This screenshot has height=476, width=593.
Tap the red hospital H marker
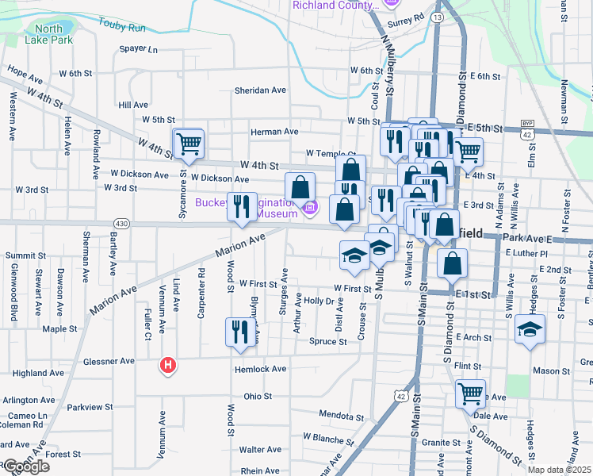168,366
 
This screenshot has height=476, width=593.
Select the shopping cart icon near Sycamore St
189,144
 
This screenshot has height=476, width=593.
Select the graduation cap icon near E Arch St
530,329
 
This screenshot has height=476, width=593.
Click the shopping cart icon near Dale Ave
471,393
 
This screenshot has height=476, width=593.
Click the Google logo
26,466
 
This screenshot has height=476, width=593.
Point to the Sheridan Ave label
259,90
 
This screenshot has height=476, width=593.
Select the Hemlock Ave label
259,369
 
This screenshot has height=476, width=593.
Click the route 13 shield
438,16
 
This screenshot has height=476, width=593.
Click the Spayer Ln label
139,49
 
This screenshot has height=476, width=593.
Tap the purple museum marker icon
309,209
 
